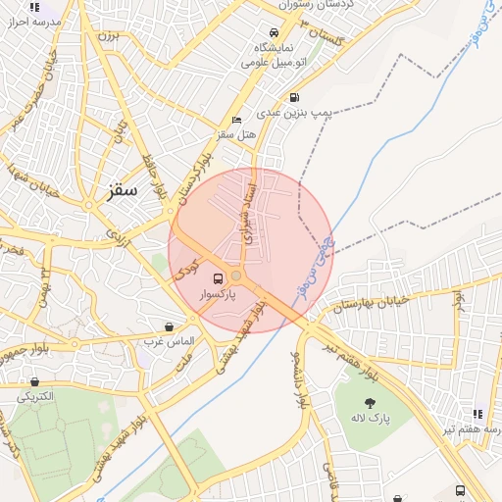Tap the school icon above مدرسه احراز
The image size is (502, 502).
click(x=35, y=6)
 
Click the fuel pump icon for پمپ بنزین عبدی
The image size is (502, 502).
click(x=295, y=97)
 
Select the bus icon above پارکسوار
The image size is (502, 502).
click(x=218, y=277)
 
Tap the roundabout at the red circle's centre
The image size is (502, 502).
click(x=236, y=276)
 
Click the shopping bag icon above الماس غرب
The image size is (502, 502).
click(x=170, y=326)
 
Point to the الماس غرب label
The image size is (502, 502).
click(x=170, y=341)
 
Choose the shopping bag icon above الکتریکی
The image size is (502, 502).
click(x=35, y=382)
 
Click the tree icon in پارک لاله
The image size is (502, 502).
click(x=370, y=403)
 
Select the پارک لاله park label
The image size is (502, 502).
click(x=371, y=419)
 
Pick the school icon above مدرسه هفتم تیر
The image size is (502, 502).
click(x=477, y=414)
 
